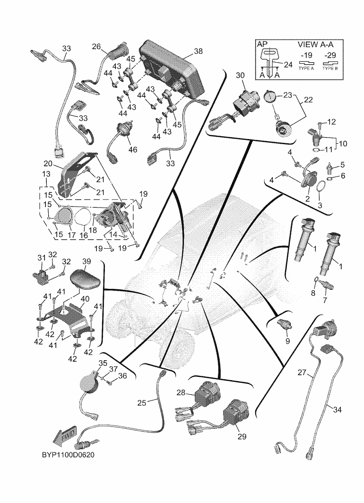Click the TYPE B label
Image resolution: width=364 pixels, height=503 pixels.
[329, 68]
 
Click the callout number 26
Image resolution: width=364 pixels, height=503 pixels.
[96, 46]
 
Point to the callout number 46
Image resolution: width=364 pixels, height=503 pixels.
[133, 149]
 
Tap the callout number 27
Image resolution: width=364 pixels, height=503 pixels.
[303, 373]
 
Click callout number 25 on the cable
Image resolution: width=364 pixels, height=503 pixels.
[142, 403]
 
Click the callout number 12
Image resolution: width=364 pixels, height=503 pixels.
[331, 122]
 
